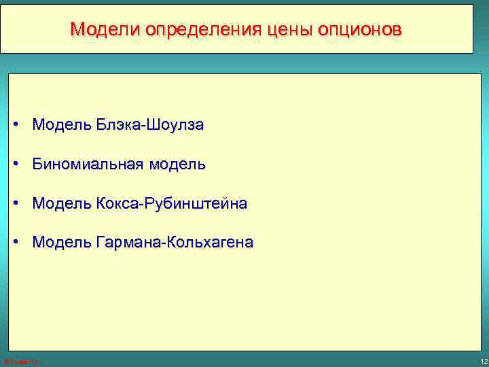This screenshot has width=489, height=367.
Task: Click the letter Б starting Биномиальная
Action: pyautogui.click(x=37, y=164)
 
